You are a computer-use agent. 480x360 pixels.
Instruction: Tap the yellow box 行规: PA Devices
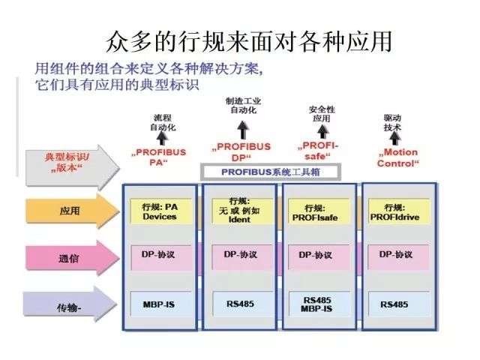tap(159, 211)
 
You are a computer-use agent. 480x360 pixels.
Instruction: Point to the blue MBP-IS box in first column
tap(159, 305)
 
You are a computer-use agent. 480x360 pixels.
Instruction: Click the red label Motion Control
tap(397, 157)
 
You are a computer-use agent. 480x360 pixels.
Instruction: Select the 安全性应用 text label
tap(321, 114)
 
